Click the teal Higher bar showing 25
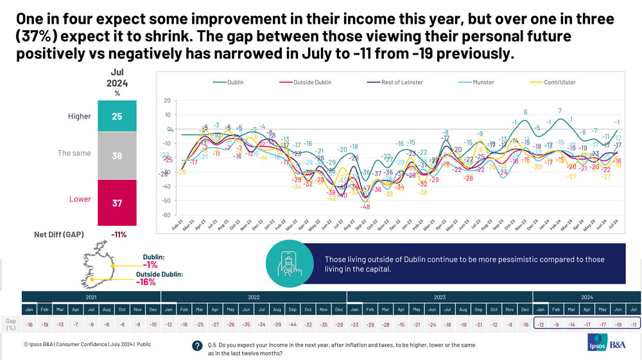[117, 116]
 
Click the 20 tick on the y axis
[167, 101]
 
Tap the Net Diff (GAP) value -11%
[119, 234]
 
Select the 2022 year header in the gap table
[254, 297]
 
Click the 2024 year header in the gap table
[587, 297]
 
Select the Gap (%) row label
[11, 323]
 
